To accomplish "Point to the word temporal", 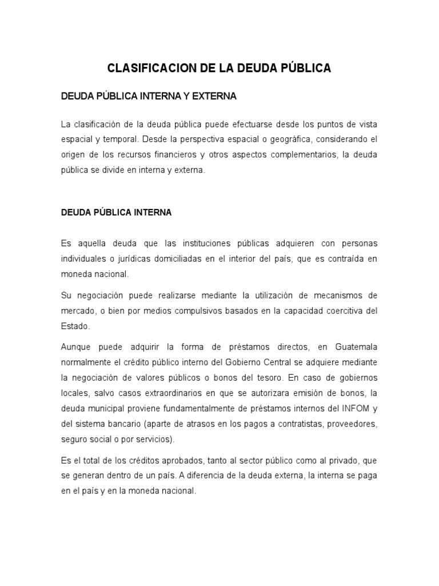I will pos(117,140).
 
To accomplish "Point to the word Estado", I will pos(75,326).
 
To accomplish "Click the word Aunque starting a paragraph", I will pos(76,347).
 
